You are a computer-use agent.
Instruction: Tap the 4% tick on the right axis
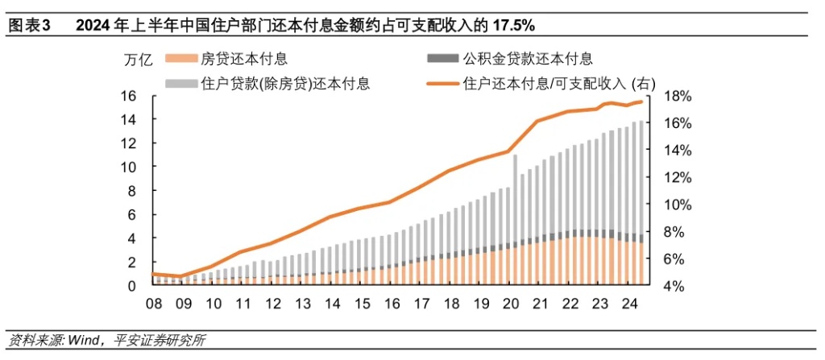(674, 286)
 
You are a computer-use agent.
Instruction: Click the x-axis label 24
(628, 304)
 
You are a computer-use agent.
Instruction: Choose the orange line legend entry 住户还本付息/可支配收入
(559, 82)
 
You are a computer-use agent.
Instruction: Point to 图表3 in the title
(29, 26)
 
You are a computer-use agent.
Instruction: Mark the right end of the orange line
(641, 101)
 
